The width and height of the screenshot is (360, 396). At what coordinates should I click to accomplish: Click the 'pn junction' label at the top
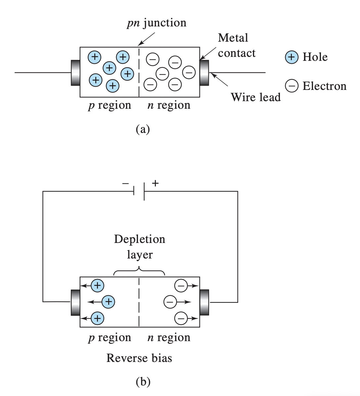pos(157,23)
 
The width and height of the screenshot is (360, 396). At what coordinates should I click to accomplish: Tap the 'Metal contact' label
pos(236,45)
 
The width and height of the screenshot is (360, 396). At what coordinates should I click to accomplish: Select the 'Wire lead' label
pos(255,97)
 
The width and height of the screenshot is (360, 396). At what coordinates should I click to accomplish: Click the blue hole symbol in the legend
pos(292,57)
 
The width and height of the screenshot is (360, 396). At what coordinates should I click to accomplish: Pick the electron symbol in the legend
pos(292,86)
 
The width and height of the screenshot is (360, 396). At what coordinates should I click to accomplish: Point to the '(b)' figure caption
pos(143,382)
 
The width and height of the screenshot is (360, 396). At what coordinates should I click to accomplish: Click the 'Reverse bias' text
pos(139,358)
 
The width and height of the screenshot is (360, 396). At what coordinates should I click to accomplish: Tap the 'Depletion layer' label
pos(139,247)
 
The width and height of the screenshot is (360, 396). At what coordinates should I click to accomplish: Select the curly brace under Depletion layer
pos(139,272)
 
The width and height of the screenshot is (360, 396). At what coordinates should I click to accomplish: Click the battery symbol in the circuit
pos(139,191)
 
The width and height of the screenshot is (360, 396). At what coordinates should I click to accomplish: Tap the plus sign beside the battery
pos(155,183)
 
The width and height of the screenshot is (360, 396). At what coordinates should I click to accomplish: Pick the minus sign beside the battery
pos(125,183)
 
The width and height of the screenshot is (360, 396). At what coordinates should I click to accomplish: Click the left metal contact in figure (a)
pos(75,73)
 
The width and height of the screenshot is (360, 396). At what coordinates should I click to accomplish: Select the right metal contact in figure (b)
pos(204,302)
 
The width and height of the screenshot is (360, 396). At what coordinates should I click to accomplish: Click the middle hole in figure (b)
pos(108,301)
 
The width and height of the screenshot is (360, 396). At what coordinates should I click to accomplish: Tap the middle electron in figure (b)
pos(170,302)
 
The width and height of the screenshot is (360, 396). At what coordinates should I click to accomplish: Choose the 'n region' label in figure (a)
pos(169,105)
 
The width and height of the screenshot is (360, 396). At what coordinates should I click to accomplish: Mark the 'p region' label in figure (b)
pos(110,337)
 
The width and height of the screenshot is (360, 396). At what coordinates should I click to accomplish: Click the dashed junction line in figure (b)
pos(139,302)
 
